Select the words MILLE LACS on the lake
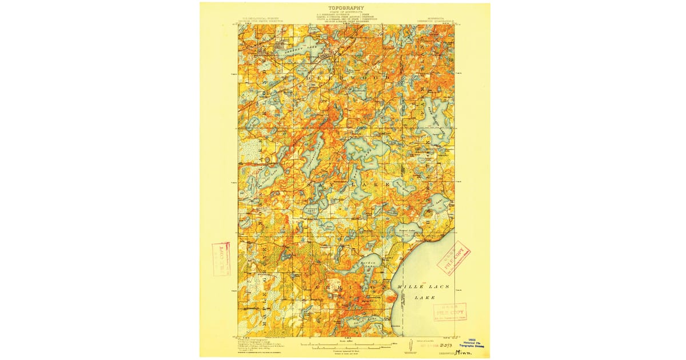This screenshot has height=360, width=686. point(424,286)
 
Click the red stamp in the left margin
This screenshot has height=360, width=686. point(220,259)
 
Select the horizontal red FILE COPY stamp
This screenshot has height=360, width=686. point(449,312)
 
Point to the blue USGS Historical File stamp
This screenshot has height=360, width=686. point(474,342)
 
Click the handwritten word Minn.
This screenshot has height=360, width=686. point(468,352)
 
